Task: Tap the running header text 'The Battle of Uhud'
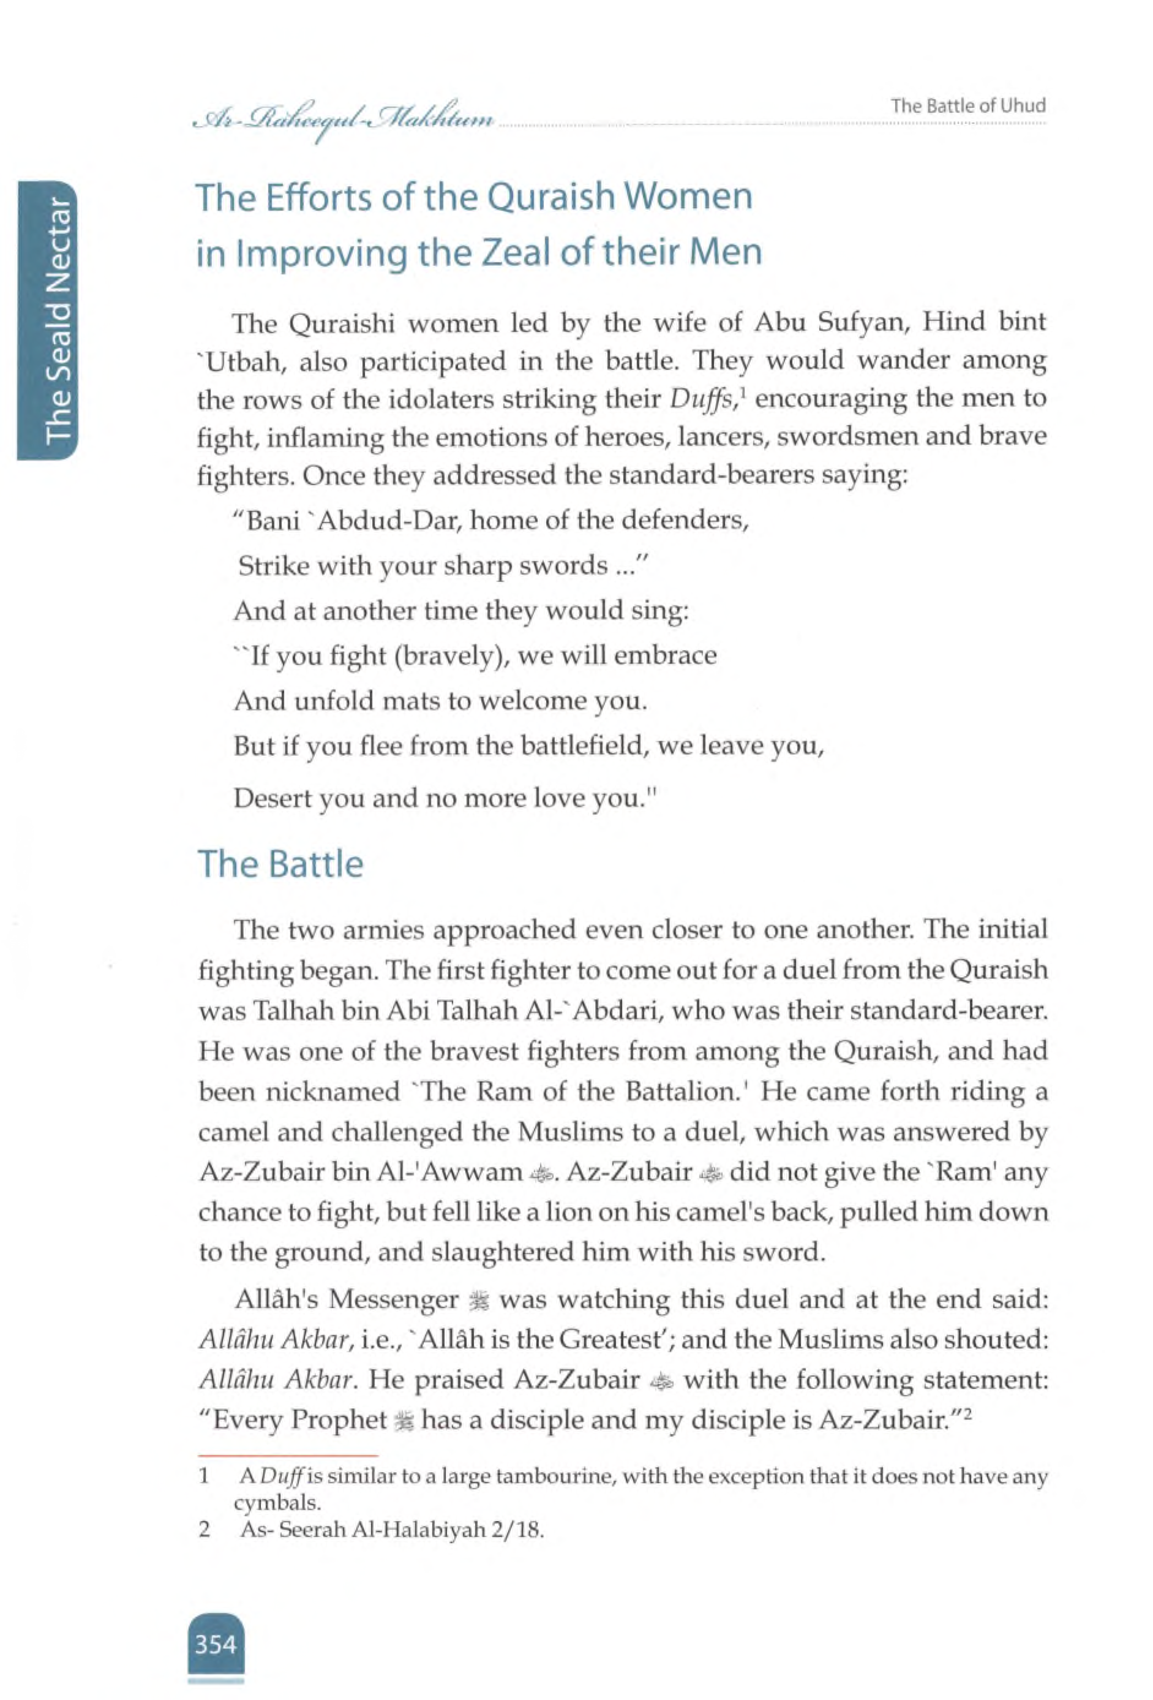click(x=968, y=105)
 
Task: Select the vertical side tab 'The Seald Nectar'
click(x=59, y=320)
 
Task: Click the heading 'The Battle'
click(x=281, y=864)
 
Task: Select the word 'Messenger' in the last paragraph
click(x=392, y=1299)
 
